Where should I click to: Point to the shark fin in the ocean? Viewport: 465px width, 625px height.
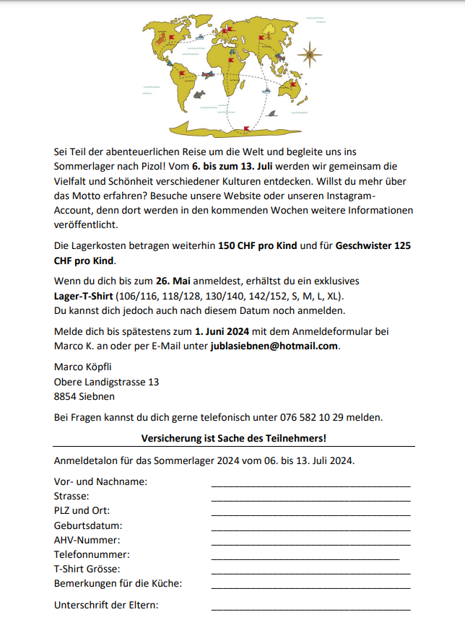[x=272, y=113]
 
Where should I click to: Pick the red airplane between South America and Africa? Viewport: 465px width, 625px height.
[x=208, y=74]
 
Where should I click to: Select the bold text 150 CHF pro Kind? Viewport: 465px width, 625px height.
[x=257, y=246]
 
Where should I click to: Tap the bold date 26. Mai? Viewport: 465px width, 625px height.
[x=172, y=280]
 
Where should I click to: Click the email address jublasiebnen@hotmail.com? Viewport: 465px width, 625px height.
[x=274, y=346]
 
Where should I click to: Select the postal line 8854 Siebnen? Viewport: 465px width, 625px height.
[x=84, y=396]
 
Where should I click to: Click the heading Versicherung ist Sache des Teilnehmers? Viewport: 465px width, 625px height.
[x=233, y=438]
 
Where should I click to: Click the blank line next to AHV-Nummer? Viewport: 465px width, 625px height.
[x=310, y=543]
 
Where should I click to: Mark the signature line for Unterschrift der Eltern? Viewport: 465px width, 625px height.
[x=310, y=608]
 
